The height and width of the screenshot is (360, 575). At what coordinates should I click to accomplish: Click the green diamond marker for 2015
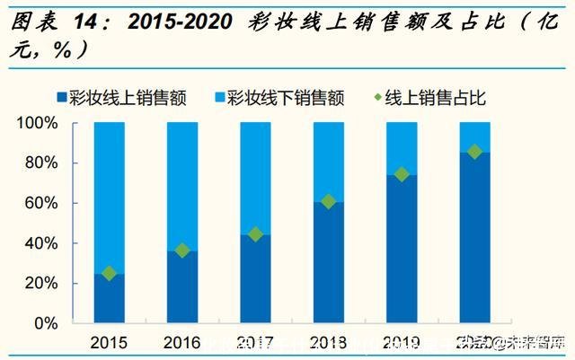pyautogui.click(x=110, y=273)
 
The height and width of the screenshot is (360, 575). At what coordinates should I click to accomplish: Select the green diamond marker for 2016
pyautogui.click(x=182, y=250)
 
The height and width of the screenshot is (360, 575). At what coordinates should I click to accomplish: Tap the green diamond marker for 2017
pyautogui.click(x=255, y=234)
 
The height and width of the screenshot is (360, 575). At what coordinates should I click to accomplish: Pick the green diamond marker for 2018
pyautogui.click(x=329, y=201)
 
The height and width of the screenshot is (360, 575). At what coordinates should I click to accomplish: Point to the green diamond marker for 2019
pyautogui.click(x=402, y=174)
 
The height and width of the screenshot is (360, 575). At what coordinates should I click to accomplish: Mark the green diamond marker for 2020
pyautogui.click(x=474, y=152)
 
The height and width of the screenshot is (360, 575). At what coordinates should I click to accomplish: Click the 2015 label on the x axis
pyautogui.click(x=110, y=342)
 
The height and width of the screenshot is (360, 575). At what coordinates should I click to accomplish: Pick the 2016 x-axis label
pyautogui.click(x=182, y=342)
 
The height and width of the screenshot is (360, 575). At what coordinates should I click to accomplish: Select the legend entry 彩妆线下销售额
pyautogui.click(x=279, y=97)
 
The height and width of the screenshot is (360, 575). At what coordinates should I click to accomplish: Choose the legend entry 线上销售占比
pyautogui.click(x=426, y=97)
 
